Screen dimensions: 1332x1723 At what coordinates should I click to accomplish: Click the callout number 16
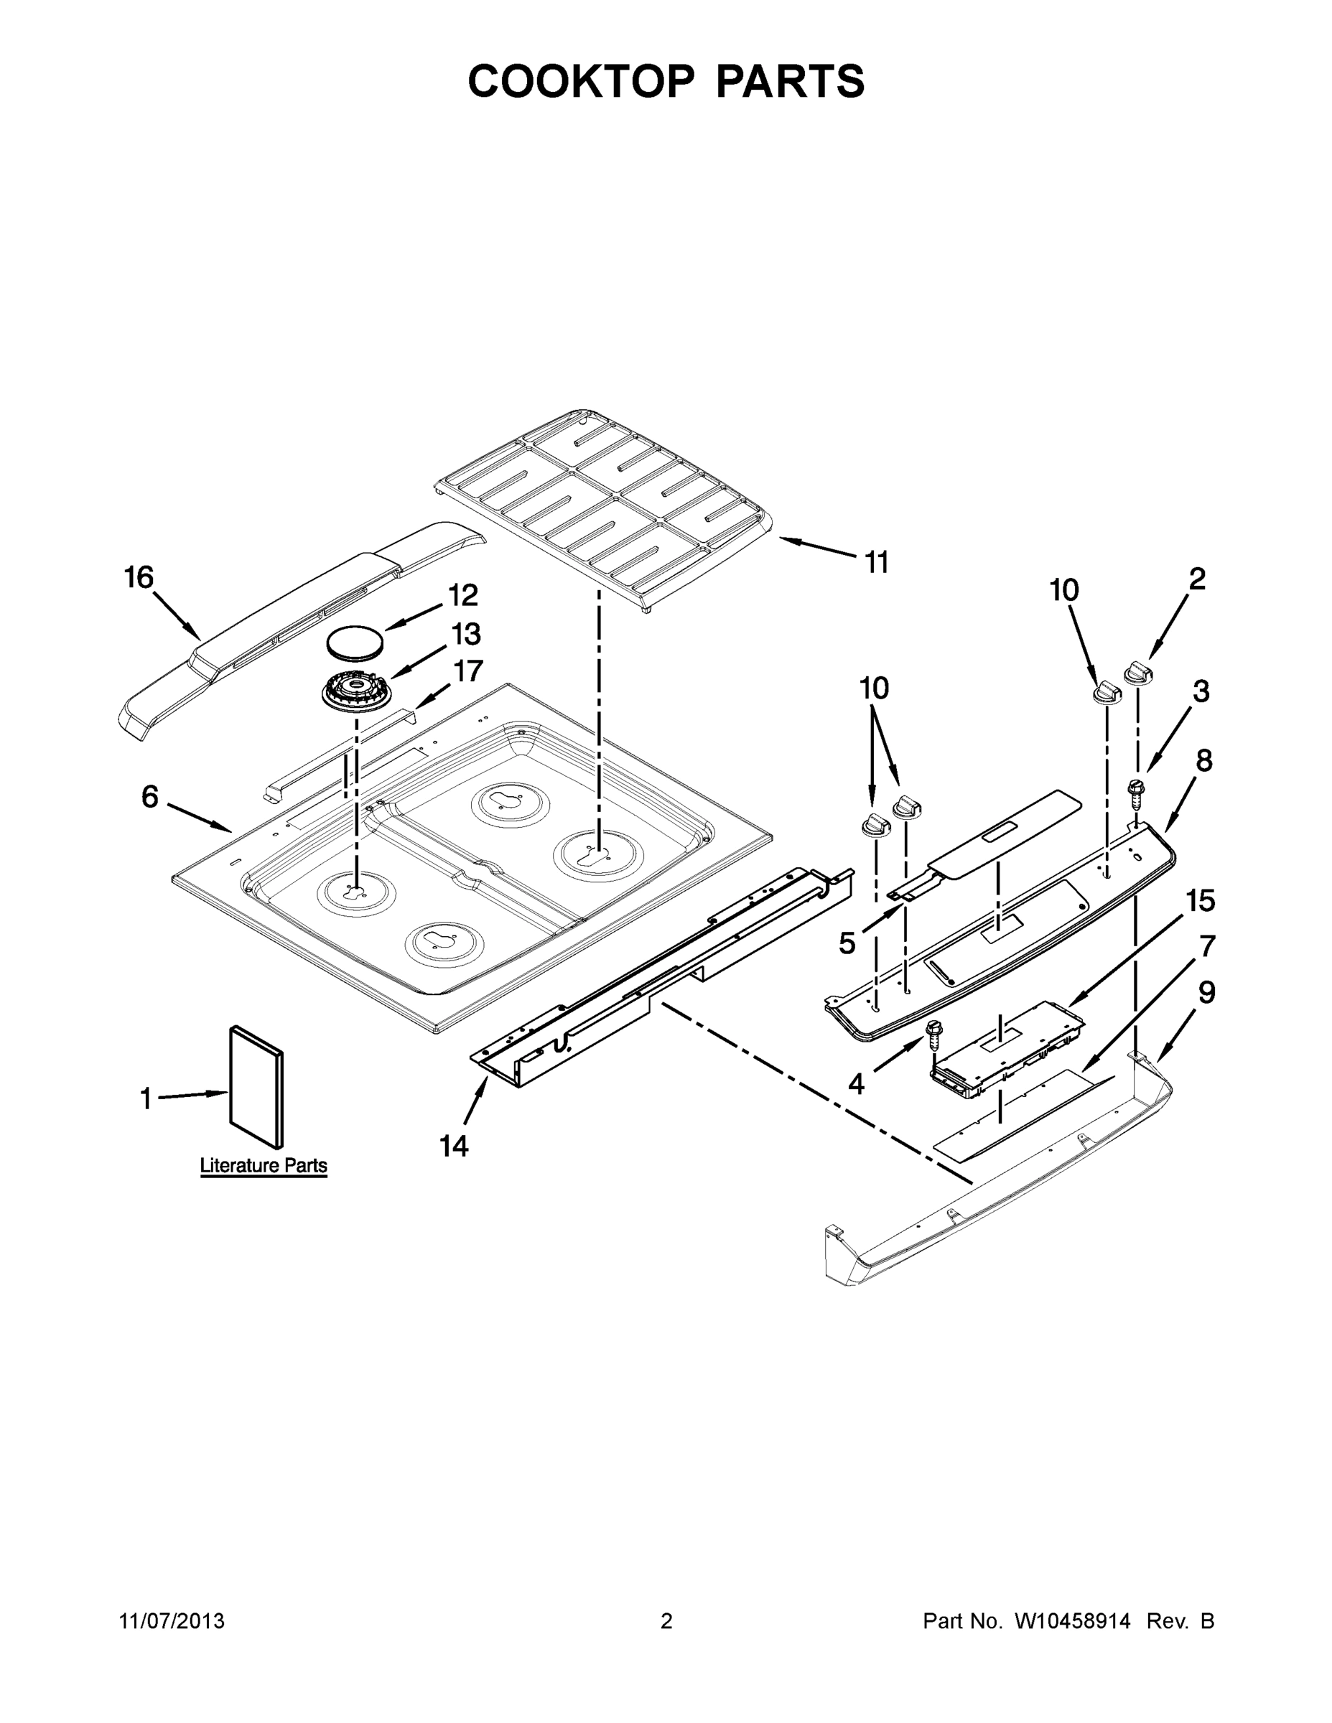click(139, 577)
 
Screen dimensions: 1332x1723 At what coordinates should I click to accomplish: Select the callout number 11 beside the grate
click(877, 563)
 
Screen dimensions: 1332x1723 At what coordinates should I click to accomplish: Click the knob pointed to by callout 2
click(1137, 675)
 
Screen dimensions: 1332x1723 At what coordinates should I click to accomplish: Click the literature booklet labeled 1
click(256, 1087)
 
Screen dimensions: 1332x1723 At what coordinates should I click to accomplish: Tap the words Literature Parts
click(264, 1165)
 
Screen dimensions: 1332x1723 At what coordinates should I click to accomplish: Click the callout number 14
click(454, 1146)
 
